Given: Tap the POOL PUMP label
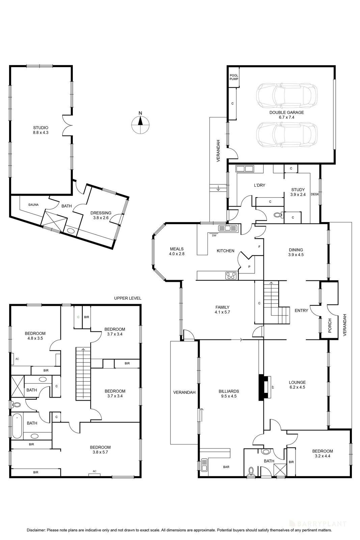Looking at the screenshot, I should tap(234, 77).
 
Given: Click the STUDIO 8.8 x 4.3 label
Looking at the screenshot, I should tap(41, 130).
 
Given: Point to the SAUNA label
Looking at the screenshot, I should tap(33, 205).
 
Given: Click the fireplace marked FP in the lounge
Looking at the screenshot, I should tap(266, 387).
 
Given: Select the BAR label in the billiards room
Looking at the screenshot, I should tap(226, 467).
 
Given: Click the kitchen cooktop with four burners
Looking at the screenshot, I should tap(230, 275).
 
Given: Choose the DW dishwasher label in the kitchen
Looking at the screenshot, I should tap(214, 235).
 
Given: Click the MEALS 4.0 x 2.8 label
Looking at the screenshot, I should tap(177, 251).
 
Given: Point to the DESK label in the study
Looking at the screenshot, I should tap(314, 194).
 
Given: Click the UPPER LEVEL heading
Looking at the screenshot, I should tap(128, 298).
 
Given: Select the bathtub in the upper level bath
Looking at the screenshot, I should tap(17, 426).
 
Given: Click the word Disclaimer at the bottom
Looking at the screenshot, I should tap(36, 530).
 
